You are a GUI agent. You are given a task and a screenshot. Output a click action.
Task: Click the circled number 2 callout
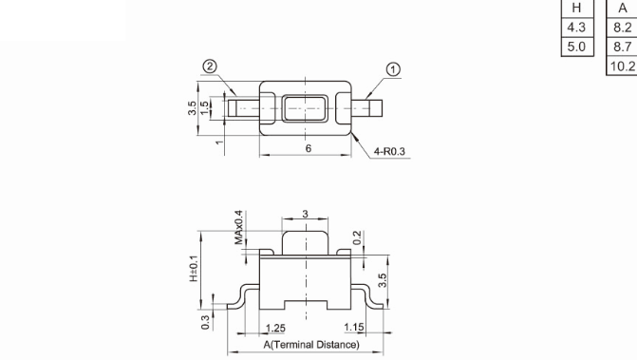[210, 66]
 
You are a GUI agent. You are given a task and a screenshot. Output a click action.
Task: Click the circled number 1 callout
[393, 70]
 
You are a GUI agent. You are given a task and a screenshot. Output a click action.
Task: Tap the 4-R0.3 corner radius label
[389, 152]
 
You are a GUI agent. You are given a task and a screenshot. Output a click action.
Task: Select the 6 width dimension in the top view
[309, 149]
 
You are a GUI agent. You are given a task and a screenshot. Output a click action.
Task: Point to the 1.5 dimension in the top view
[205, 107]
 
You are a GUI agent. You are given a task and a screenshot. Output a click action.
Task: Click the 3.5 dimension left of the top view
[192, 108]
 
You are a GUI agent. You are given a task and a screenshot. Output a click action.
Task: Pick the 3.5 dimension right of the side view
[383, 280]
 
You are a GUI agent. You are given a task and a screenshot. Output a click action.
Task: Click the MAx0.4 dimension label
[239, 228]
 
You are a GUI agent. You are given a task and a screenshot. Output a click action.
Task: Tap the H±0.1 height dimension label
[194, 269]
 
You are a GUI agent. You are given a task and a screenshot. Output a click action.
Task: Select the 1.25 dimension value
[275, 328]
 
